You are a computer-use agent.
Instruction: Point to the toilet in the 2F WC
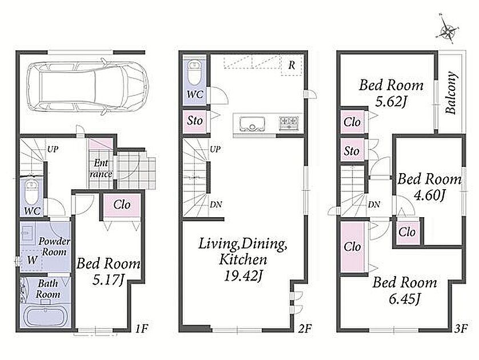pyautogui.click(x=194, y=73)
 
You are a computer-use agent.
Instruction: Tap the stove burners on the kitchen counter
pyautogui.click(x=289, y=123)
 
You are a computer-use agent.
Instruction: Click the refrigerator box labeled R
pyautogui.click(x=292, y=65)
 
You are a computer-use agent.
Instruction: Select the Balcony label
pyautogui.click(x=451, y=93)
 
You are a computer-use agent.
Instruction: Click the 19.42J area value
pyautogui.click(x=242, y=276)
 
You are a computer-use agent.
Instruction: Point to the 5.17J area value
pyautogui.click(x=109, y=280)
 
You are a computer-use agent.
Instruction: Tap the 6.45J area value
pyautogui.click(x=404, y=299)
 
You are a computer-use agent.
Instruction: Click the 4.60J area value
pyautogui.click(x=429, y=195)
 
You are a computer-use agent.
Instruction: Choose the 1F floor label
pyautogui.click(x=142, y=328)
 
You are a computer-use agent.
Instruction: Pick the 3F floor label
pyautogui.click(x=461, y=328)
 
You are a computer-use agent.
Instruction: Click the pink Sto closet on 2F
pyautogui.click(x=195, y=121)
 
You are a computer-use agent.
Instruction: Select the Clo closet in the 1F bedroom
pyautogui.click(x=122, y=205)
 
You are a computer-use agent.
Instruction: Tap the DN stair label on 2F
pyautogui.click(x=215, y=205)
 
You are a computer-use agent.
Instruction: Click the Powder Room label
pyautogui.click(x=54, y=247)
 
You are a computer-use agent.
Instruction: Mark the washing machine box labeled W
pyautogui.click(x=31, y=260)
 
